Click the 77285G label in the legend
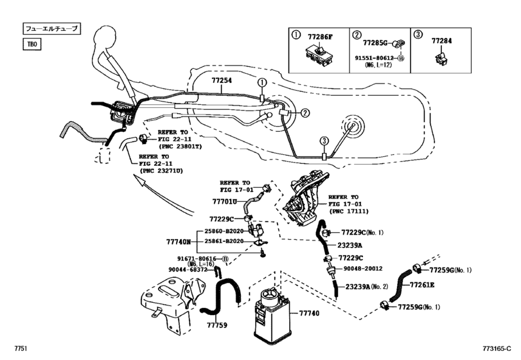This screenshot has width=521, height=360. [376, 42]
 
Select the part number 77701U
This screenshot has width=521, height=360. [225, 201]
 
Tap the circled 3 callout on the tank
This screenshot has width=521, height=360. [324, 141]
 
